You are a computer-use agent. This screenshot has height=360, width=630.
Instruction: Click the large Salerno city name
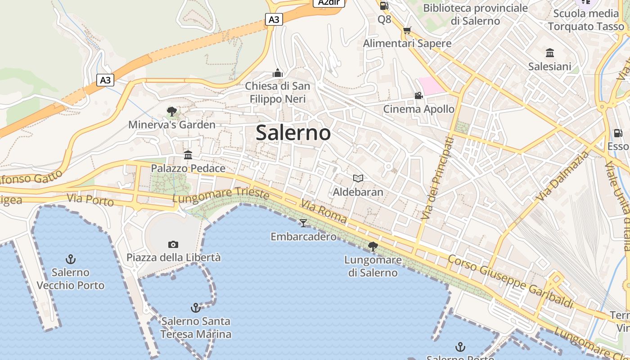(293, 133)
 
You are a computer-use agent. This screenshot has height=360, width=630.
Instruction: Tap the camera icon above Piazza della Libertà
(173, 244)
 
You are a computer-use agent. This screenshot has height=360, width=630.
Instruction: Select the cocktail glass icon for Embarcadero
(303, 223)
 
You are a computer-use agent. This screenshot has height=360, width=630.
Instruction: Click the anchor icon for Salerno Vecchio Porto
(71, 259)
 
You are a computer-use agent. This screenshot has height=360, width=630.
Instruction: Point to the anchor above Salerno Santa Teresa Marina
(195, 308)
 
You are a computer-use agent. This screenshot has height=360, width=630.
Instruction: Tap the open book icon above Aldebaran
(358, 179)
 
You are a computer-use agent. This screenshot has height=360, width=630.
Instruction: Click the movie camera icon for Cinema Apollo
(418, 95)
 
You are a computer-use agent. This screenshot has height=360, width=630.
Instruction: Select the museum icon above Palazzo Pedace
(188, 155)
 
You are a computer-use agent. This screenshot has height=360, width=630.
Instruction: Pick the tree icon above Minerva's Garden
(171, 111)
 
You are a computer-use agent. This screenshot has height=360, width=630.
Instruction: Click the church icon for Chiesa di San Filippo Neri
(278, 73)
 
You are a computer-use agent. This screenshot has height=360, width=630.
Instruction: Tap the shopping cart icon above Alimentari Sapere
(407, 30)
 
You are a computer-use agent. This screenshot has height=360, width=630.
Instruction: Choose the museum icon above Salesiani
(550, 53)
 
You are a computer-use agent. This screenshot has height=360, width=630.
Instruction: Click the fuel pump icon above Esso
(618, 133)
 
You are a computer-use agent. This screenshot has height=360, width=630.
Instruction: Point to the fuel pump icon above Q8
(384, 6)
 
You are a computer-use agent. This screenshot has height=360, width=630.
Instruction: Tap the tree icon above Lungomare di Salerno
(373, 246)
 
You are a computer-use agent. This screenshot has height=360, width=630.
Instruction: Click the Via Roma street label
(324, 212)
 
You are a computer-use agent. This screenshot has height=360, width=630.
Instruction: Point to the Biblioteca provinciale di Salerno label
(475, 14)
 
